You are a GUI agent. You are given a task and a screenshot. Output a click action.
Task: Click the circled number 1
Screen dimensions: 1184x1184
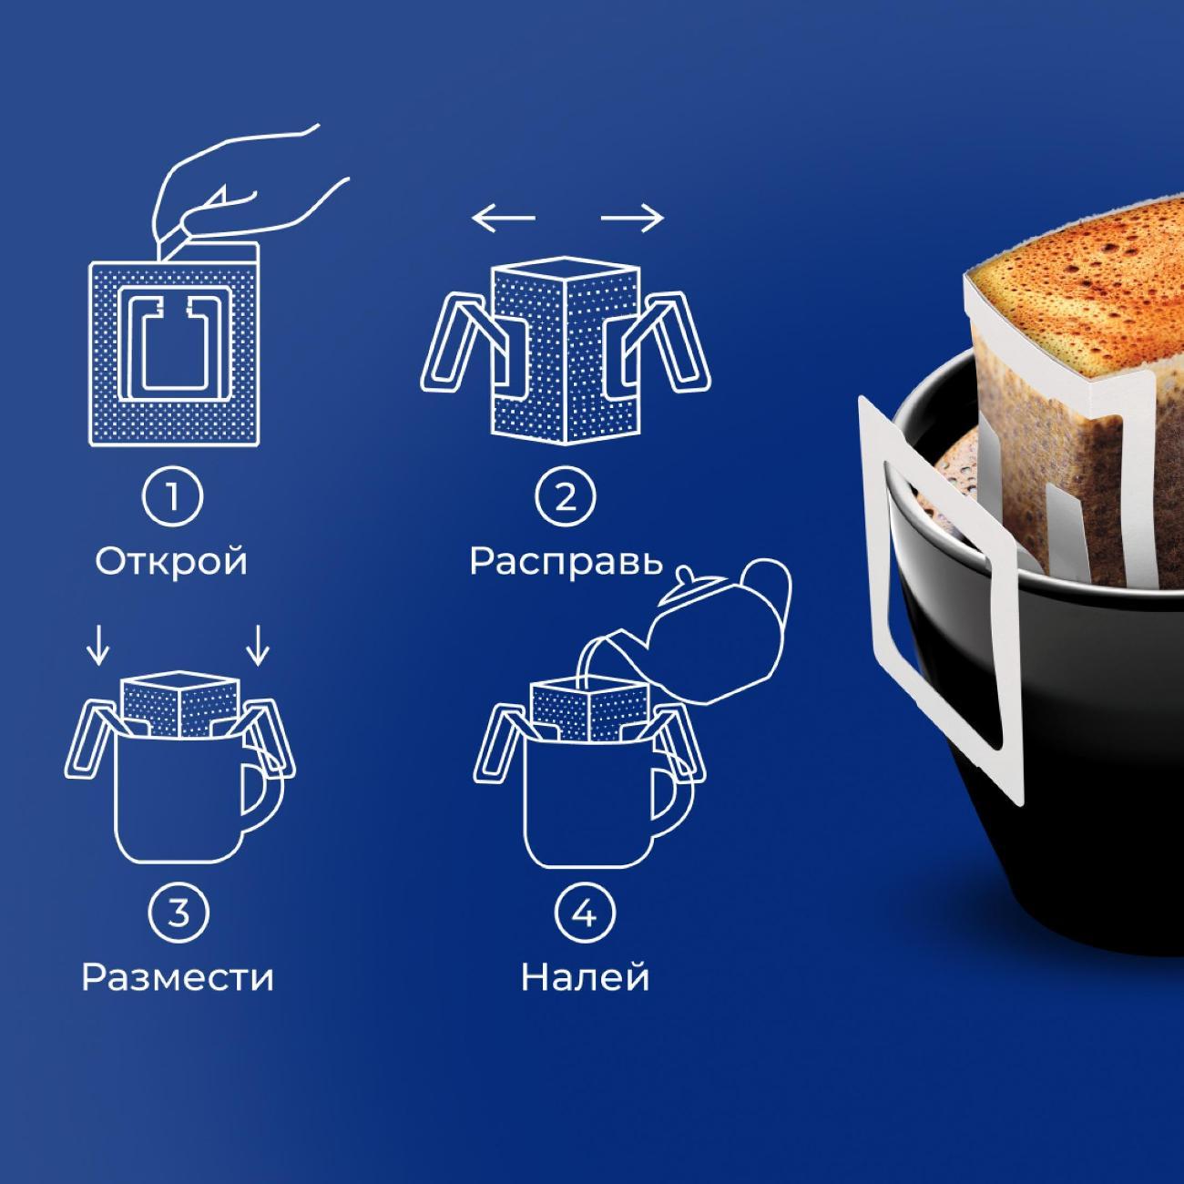(x=173, y=496)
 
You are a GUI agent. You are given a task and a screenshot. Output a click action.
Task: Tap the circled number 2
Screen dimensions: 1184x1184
(x=566, y=496)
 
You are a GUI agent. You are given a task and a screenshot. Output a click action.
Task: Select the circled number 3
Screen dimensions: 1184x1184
(x=179, y=914)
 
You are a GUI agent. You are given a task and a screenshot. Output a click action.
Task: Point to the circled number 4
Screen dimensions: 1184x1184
(x=585, y=914)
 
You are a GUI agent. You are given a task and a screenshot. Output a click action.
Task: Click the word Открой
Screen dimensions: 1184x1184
(x=171, y=561)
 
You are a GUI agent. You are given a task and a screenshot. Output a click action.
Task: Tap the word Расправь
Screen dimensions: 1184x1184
(x=566, y=561)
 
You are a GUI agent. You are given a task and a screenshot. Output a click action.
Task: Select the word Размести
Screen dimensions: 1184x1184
(x=178, y=977)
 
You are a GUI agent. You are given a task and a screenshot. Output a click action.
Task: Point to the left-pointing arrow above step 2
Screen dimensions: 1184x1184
(x=504, y=218)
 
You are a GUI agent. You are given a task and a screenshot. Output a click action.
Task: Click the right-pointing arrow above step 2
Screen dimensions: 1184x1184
(x=632, y=218)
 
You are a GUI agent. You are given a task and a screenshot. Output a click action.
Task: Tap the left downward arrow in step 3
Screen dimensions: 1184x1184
(x=98, y=645)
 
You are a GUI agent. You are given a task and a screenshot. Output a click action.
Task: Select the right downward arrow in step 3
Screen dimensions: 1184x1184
(x=258, y=645)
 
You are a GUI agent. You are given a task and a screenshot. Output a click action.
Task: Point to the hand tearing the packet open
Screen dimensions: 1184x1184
(x=246, y=190)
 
